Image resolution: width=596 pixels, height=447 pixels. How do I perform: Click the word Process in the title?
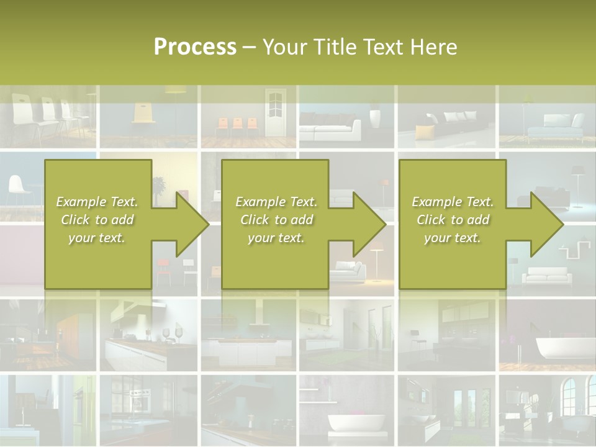195,47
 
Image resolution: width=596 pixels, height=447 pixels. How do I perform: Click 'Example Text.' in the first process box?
97,202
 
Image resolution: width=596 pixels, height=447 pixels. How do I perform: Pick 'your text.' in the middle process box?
276,238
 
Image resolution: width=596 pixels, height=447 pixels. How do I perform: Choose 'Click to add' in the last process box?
453,220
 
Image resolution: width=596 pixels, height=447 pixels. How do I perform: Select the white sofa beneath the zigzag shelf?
544,276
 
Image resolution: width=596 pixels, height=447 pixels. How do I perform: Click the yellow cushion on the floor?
424,132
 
